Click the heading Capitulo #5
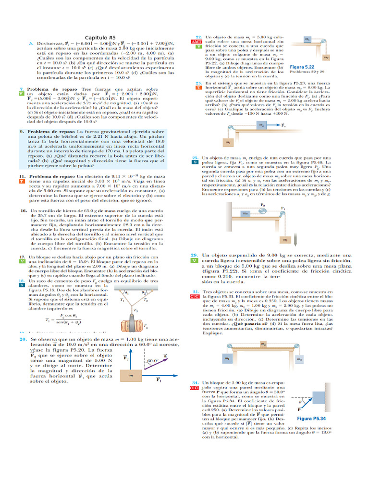coord(100,37)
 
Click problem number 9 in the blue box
coord(22,131)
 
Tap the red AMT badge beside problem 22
coord(197,42)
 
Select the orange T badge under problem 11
coord(22,182)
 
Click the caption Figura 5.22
coord(303,67)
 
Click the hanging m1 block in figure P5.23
coord(228,142)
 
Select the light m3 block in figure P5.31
coord(299,359)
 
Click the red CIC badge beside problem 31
coord(197,297)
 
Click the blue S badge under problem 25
coord(196,162)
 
